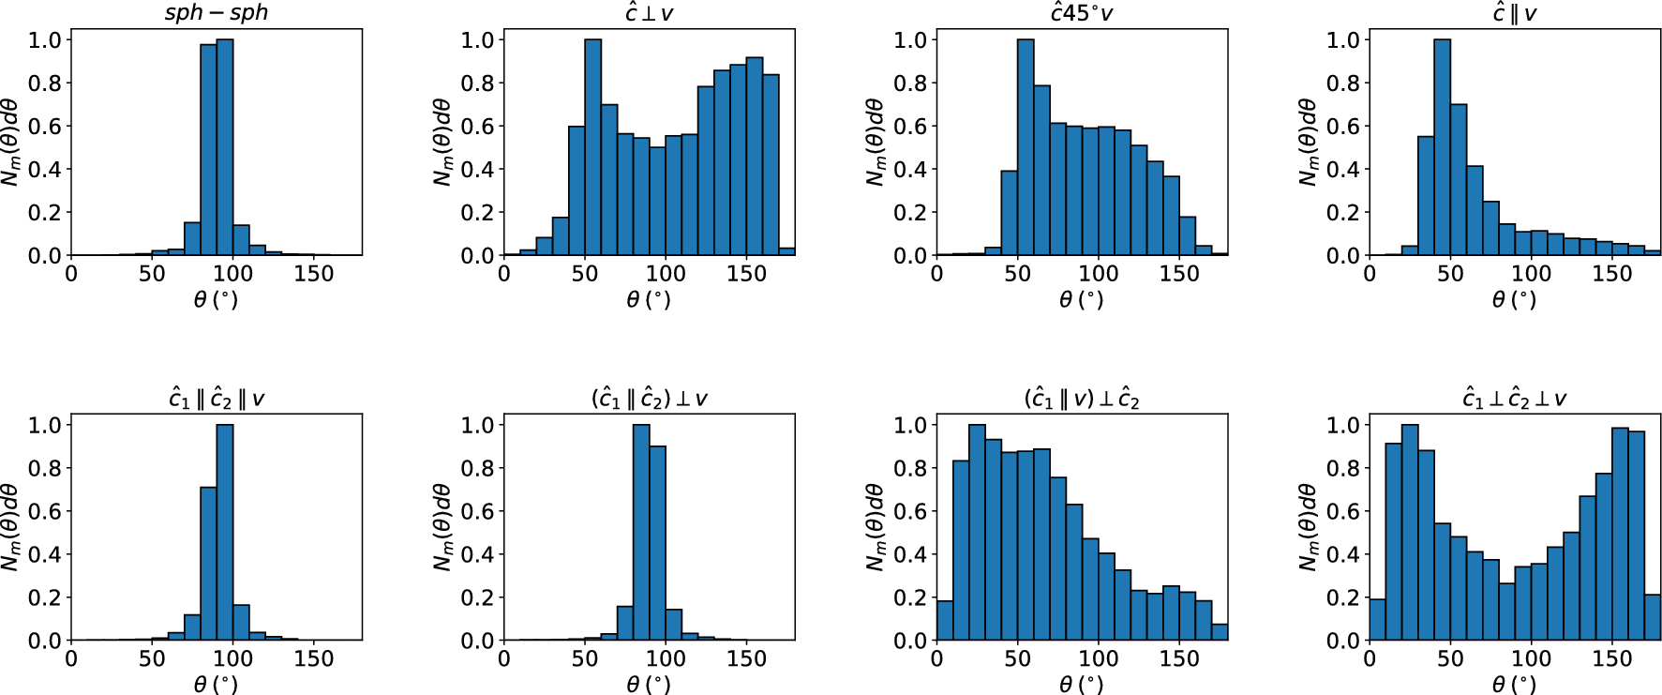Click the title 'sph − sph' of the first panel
coord(217,13)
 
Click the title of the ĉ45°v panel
coord(1082,13)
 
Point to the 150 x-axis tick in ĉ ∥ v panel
coord(1611,274)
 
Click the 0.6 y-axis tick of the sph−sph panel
coord(44,127)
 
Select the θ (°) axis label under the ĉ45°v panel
coord(1082,300)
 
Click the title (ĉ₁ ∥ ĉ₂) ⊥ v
coord(649,399)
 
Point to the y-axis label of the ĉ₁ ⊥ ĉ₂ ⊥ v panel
coord(1309,527)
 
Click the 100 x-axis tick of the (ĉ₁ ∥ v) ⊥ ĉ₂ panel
coord(1098,659)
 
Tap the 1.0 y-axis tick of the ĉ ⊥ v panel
coord(477,39)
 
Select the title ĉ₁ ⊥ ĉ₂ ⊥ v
coord(1514,399)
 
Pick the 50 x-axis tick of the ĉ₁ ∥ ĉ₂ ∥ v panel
coord(152,659)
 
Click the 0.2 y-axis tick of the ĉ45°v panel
coord(910,213)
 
